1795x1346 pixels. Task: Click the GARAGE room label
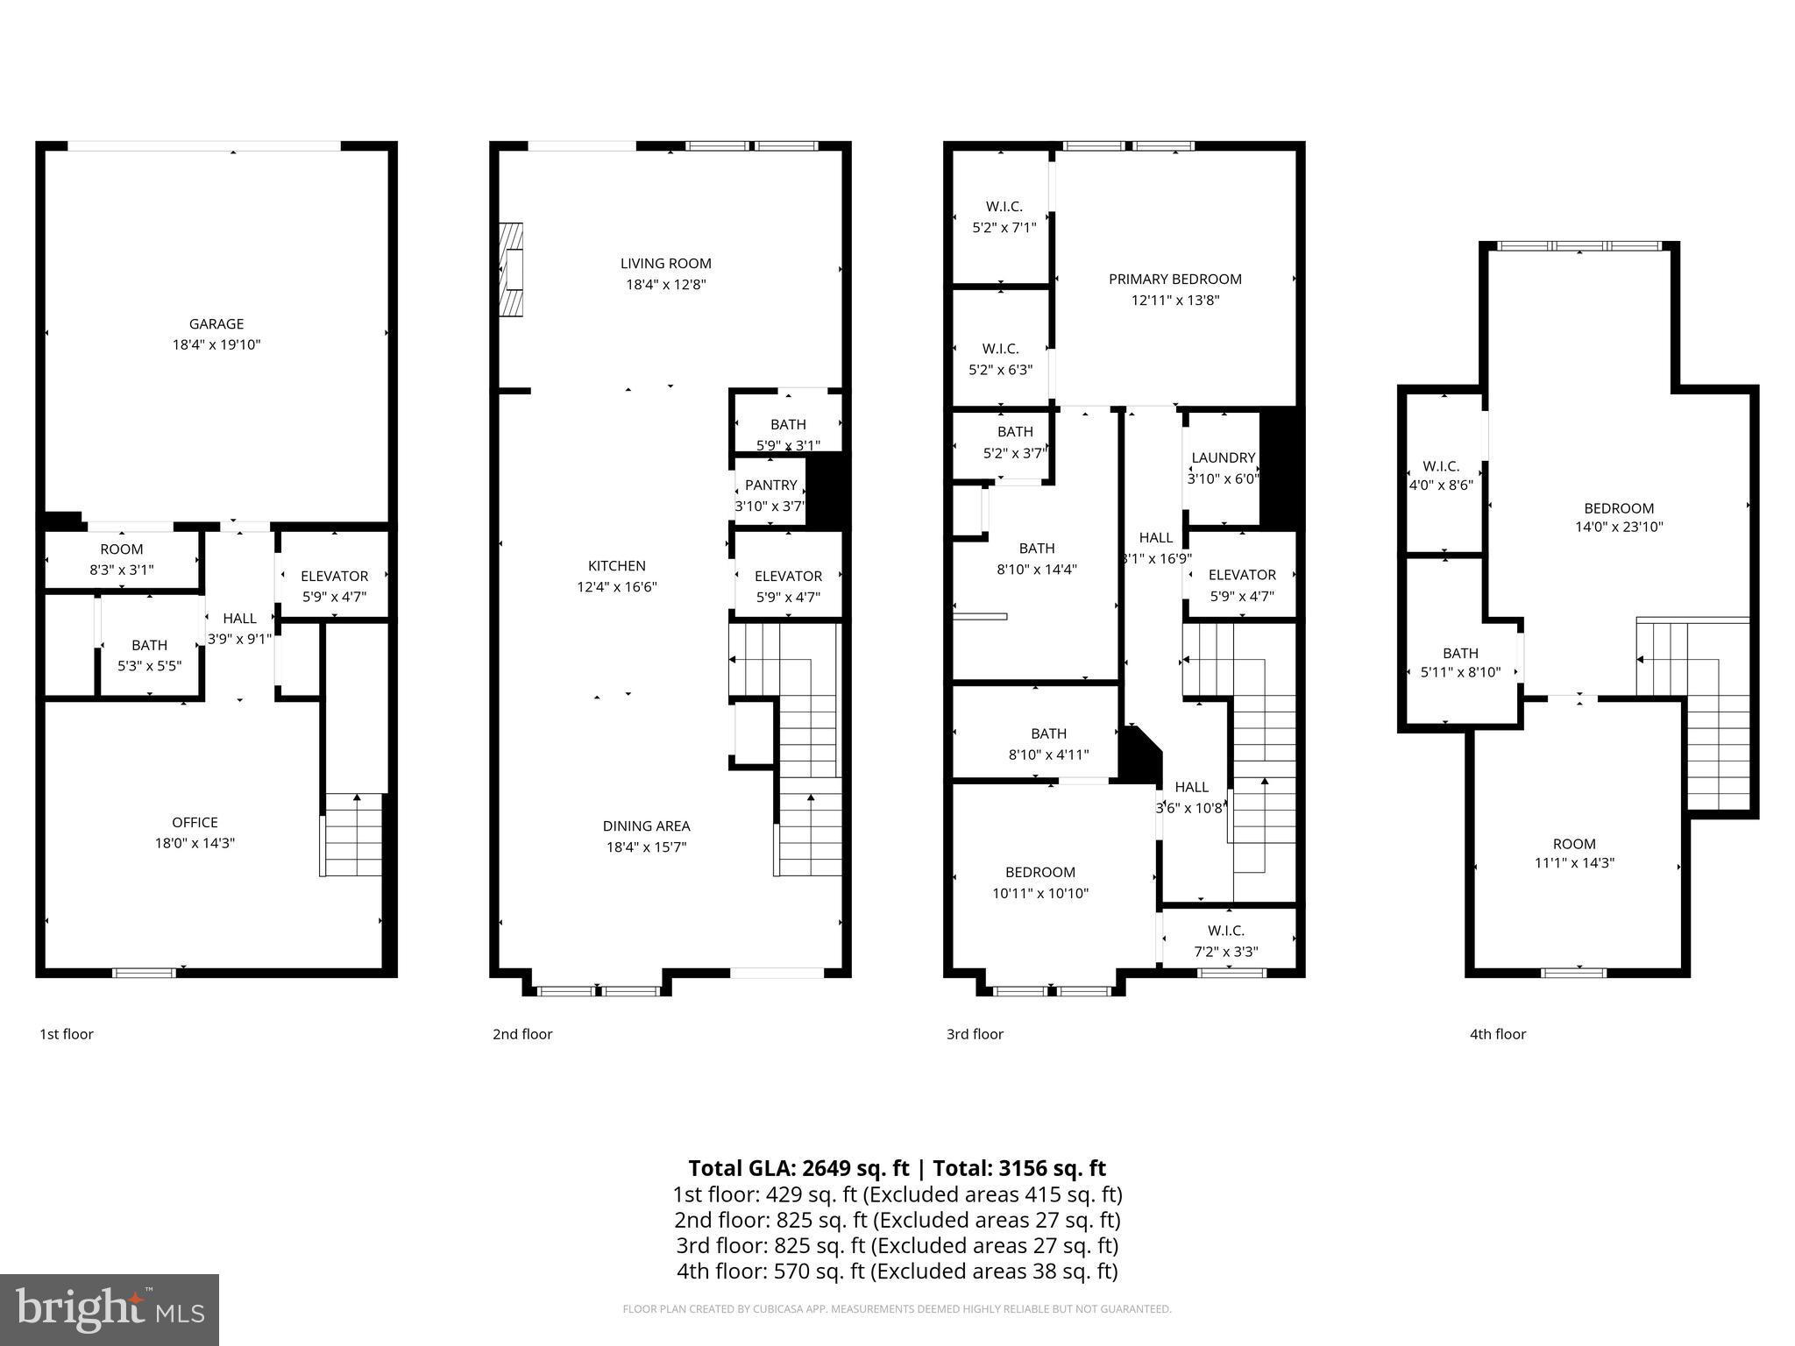coord(216,323)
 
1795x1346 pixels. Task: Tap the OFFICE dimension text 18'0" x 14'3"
coord(195,843)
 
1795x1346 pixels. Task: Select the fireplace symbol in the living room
coord(511,269)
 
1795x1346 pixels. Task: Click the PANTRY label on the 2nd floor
coord(770,485)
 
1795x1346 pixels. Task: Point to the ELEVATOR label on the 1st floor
coord(334,576)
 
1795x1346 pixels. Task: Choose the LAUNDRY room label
coord(1223,457)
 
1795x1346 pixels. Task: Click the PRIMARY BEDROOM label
coord(1174,279)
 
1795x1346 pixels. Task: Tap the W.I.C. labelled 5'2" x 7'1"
coord(1004,216)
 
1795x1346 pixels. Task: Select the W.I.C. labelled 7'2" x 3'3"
coord(1225,940)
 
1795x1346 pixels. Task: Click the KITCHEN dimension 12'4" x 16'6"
coord(616,587)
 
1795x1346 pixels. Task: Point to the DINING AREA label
coord(646,825)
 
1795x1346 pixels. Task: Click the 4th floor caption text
coord(1497,1034)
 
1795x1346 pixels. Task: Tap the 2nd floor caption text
coord(522,1034)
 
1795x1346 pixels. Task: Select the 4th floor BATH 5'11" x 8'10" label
coord(1460,662)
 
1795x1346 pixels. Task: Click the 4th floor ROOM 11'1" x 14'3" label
coord(1574,853)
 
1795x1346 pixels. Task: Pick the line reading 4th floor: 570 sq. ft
coord(897,1271)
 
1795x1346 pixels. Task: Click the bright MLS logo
coord(110,1310)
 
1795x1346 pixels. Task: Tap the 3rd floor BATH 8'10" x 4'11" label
coord(1048,743)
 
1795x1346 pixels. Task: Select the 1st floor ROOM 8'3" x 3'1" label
coord(121,559)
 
